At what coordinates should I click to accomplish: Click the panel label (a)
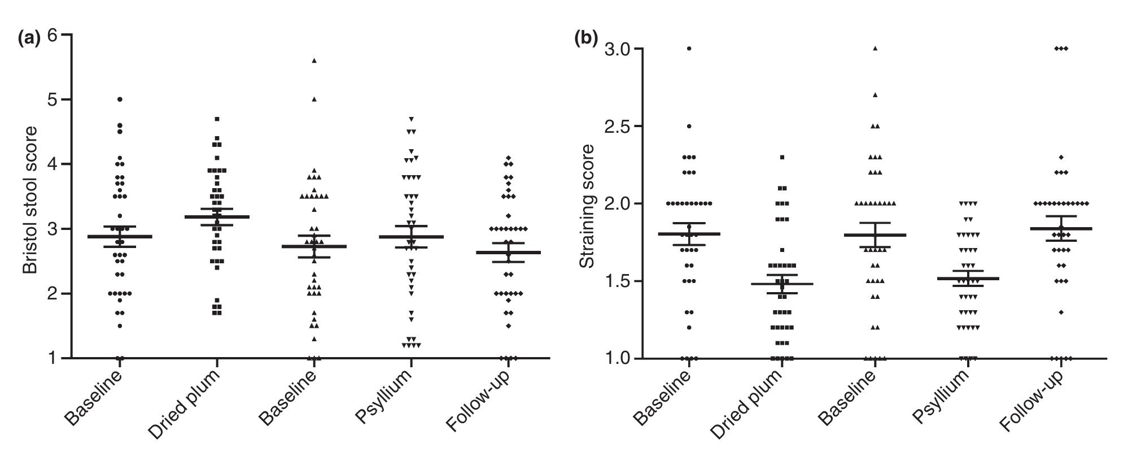tap(29, 38)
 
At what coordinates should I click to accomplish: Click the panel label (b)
tap(585, 38)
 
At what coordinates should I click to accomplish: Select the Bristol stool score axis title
tap(30, 200)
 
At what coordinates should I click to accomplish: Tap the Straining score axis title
tap(587, 206)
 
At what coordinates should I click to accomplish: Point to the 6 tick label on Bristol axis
tap(54, 35)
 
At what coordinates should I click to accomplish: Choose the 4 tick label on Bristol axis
tap(54, 164)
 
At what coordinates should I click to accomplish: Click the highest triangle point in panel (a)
tap(314, 60)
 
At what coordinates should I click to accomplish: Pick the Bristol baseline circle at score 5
tap(120, 99)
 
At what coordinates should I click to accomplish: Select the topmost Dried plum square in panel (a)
tap(217, 119)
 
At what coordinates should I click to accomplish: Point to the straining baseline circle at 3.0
tap(689, 49)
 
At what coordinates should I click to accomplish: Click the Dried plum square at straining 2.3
tap(782, 157)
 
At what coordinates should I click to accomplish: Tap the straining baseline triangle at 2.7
tap(875, 95)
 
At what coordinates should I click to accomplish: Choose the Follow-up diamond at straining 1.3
tap(1061, 312)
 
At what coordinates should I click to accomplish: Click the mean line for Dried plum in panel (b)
tap(782, 284)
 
